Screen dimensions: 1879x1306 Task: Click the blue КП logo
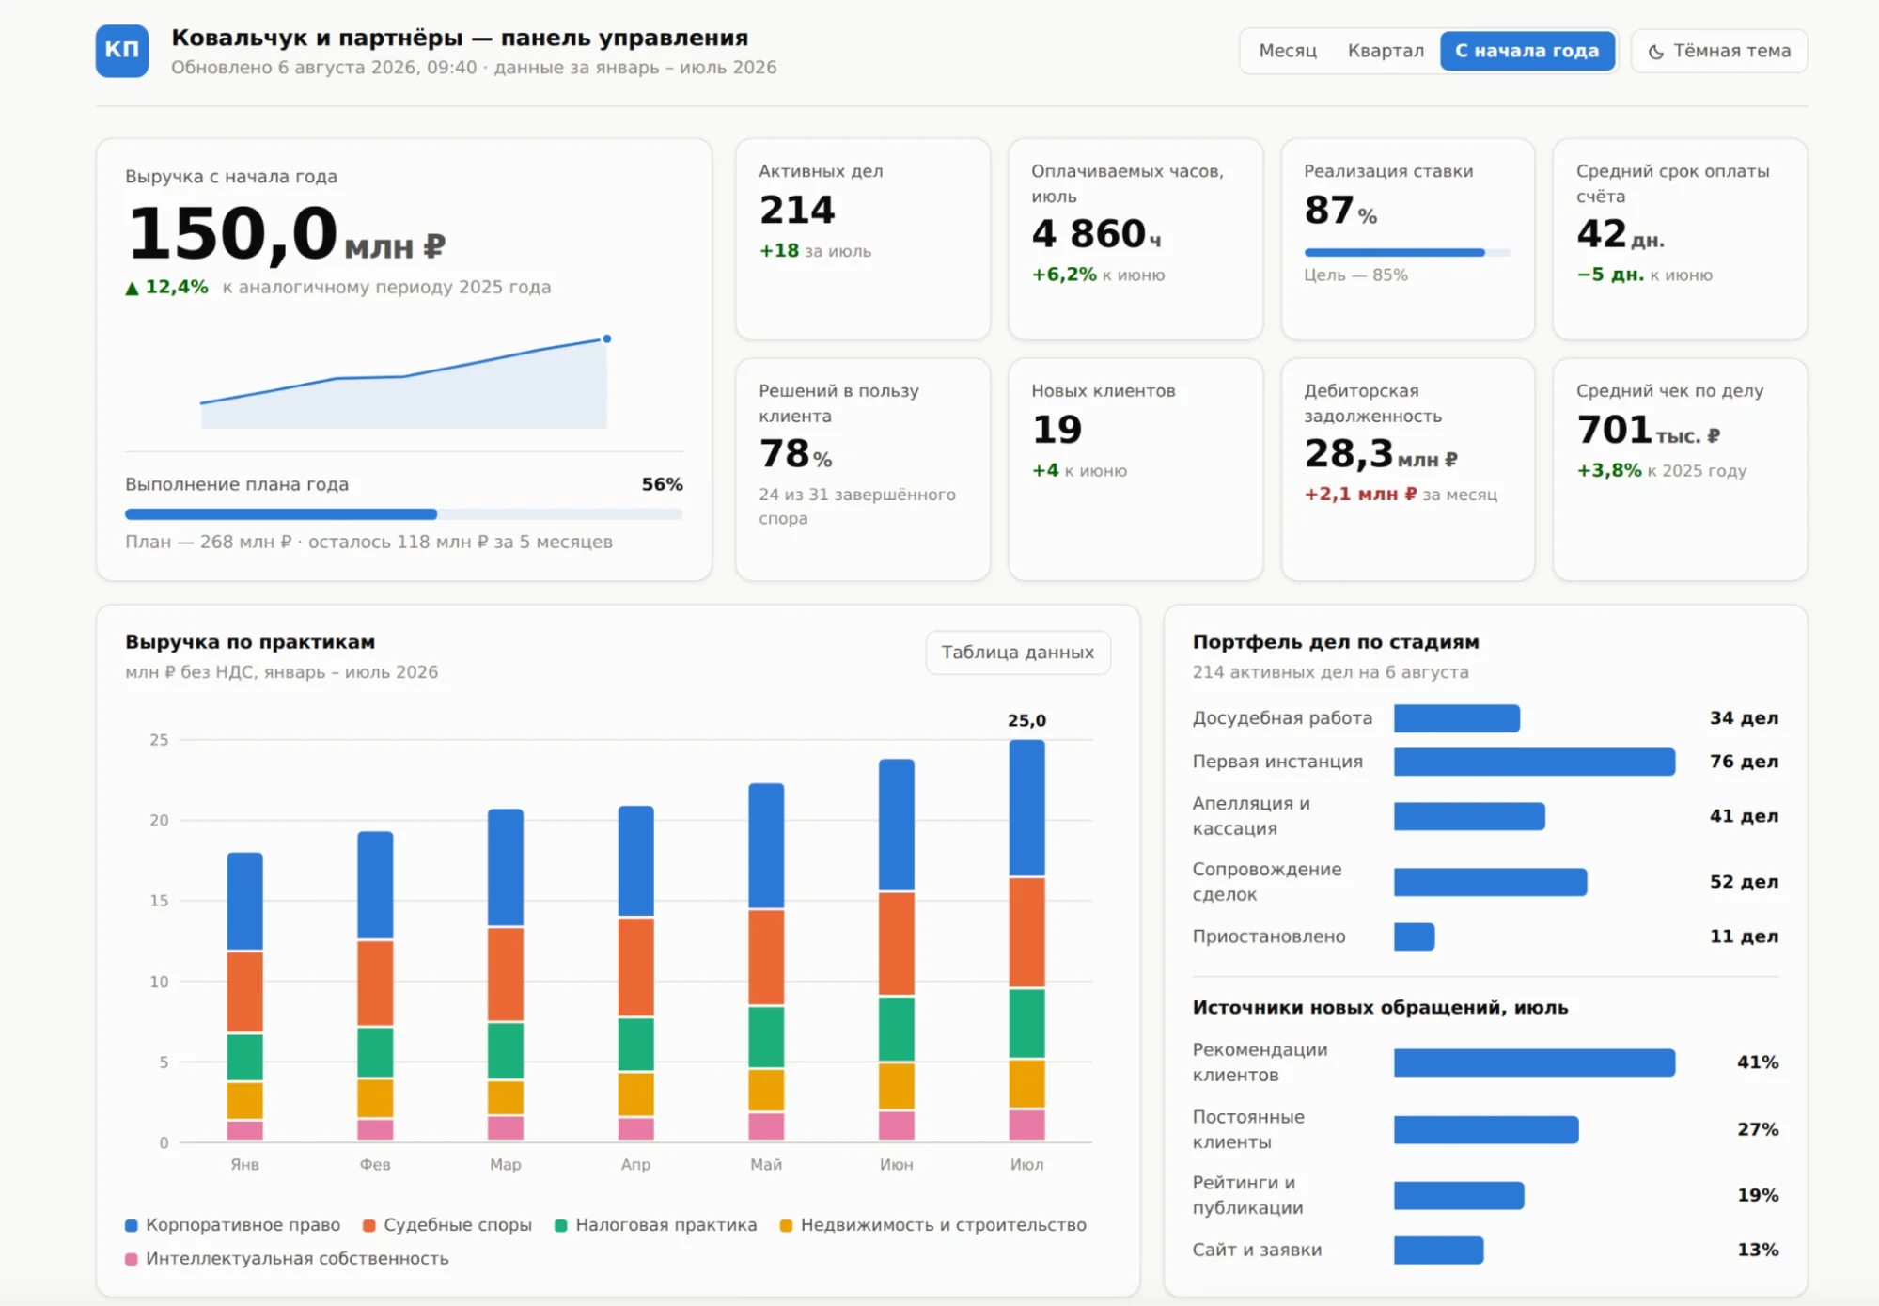coord(122,51)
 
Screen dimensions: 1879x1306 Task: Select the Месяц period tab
coord(1288,51)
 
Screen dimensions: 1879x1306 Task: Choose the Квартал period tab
coord(1386,51)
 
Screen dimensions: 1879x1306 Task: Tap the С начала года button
coord(1527,51)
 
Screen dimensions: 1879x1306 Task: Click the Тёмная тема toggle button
coord(1719,51)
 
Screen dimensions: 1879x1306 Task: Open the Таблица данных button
coord(1018,653)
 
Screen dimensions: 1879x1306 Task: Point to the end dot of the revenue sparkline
coord(607,338)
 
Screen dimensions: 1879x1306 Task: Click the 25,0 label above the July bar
coord(1026,720)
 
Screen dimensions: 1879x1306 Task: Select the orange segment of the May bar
coord(766,957)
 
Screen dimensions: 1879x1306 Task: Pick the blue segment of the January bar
coord(245,902)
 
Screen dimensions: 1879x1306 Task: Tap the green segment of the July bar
coord(1026,1024)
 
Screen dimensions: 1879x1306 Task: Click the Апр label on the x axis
coord(635,1165)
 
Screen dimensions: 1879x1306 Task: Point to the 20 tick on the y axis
coord(160,820)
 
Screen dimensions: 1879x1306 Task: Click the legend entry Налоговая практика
coord(656,1225)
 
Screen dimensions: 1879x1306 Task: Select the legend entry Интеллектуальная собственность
coord(287,1259)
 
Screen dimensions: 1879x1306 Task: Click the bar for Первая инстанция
coord(1534,762)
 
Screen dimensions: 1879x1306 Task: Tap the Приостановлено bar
coord(1414,936)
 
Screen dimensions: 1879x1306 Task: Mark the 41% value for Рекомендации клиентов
coord(1758,1062)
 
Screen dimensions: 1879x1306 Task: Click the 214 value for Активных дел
coord(797,210)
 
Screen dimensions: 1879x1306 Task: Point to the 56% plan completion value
coord(662,484)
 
